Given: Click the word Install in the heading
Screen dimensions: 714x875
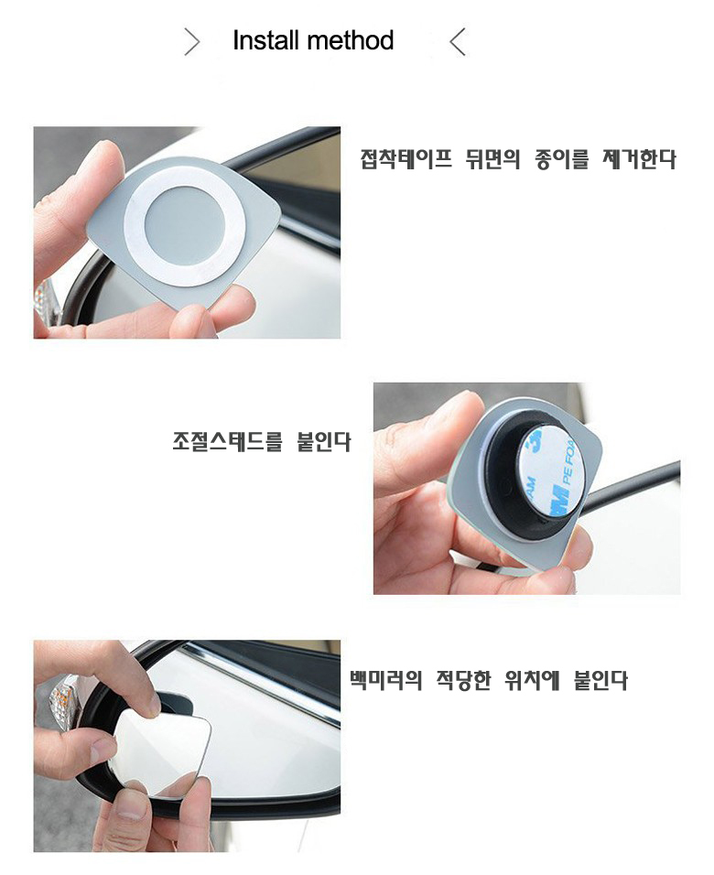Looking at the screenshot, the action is pyautogui.click(x=266, y=41).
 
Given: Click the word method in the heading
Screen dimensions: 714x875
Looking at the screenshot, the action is pyautogui.click(x=351, y=41).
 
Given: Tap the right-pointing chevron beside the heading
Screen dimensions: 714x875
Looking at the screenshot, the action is pyautogui.click(x=191, y=42).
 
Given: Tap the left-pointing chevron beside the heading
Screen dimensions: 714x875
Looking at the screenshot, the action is pyautogui.click(x=457, y=42).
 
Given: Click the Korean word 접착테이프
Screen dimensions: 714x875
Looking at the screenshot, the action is pyautogui.click(x=406, y=159).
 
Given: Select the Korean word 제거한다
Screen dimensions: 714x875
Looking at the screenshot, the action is pyautogui.click(x=639, y=159).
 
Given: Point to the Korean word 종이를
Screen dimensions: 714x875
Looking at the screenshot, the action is pyautogui.click(x=562, y=159).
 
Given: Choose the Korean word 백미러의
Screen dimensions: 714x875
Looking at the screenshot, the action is pyautogui.click(x=385, y=680).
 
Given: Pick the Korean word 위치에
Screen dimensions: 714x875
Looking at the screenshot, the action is pyautogui.click(x=532, y=680).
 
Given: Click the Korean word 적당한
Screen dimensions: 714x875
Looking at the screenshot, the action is pyautogui.click(x=463, y=680).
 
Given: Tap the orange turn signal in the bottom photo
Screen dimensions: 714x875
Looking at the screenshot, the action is pyautogui.click(x=62, y=698).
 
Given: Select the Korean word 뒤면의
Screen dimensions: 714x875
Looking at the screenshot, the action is pyautogui.click(x=492, y=159).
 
